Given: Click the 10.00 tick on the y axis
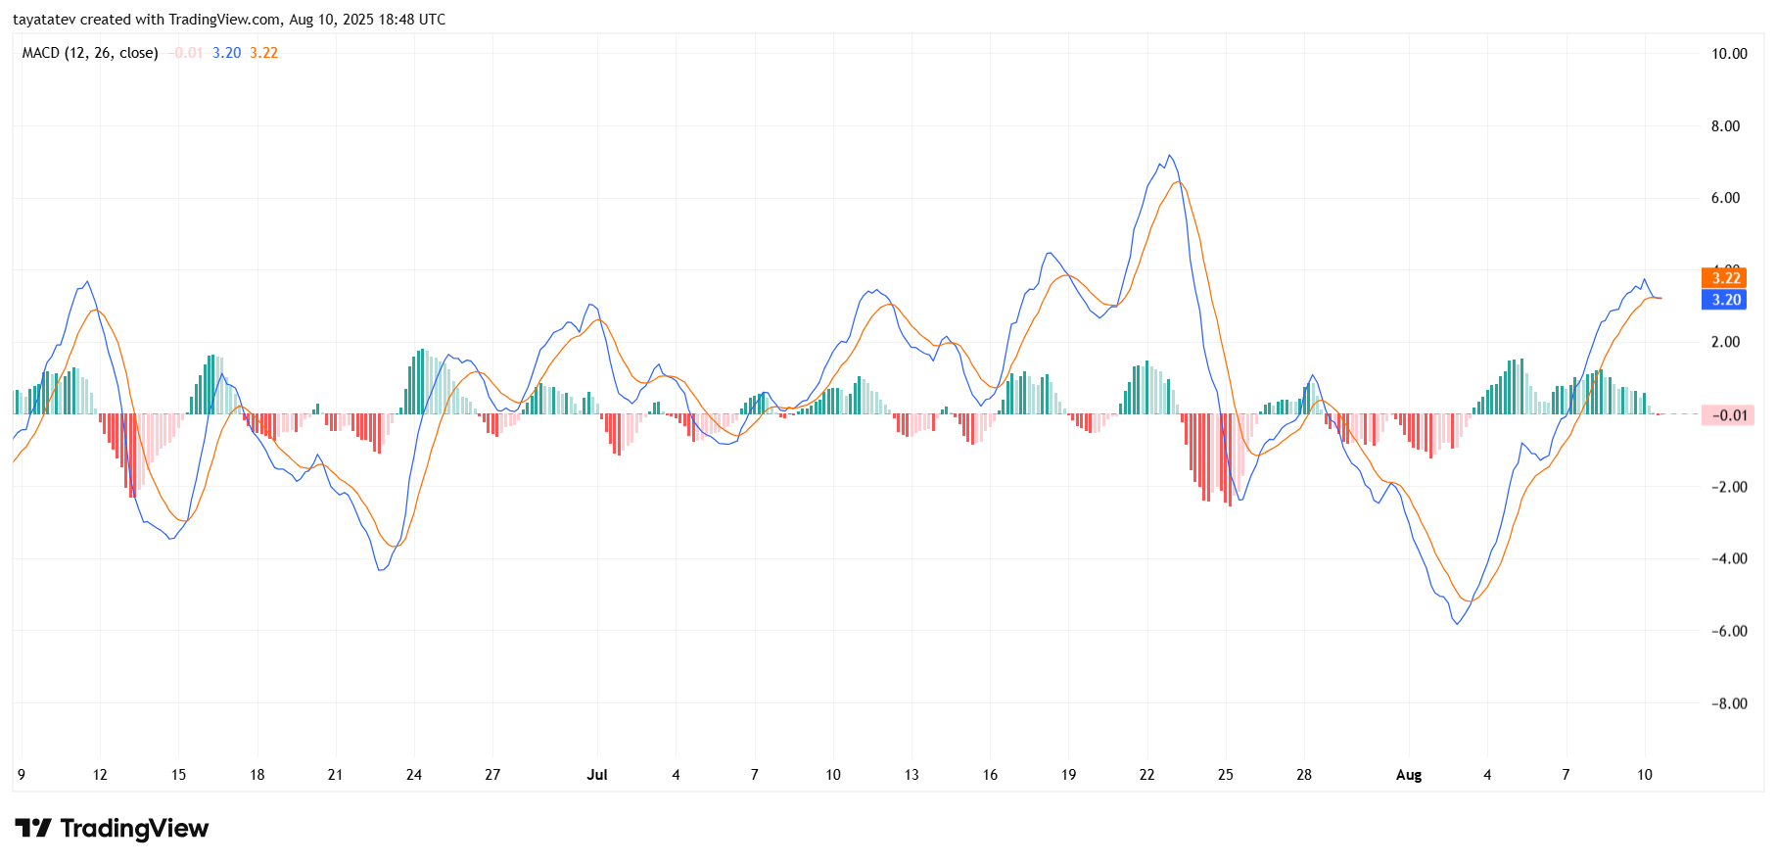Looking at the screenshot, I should pyautogui.click(x=1728, y=54).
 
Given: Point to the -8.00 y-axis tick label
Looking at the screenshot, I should pyautogui.click(x=1728, y=703).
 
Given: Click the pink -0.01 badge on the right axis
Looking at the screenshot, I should pyautogui.click(x=1728, y=415).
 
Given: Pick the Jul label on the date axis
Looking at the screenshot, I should pyautogui.click(x=597, y=775).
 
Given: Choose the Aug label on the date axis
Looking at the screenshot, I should pyautogui.click(x=1408, y=775).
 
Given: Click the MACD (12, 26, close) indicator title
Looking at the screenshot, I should pyautogui.click(x=90, y=53).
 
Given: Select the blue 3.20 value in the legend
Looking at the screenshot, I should pyautogui.click(x=226, y=53).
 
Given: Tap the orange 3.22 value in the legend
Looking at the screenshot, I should pyautogui.click(x=263, y=53).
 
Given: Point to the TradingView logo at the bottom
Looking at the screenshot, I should pyautogui.click(x=112, y=829).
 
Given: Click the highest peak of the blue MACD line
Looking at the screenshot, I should pyautogui.click(x=1169, y=156).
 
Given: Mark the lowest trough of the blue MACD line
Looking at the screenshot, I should pyautogui.click(x=1457, y=624).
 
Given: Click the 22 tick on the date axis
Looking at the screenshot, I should pyautogui.click(x=1146, y=775).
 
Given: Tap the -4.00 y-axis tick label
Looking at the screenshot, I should pyautogui.click(x=1728, y=559).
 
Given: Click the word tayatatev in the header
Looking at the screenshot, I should pyautogui.click(x=43, y=20).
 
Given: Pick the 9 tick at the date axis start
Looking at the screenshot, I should pyautogui.click(x=22, y=775).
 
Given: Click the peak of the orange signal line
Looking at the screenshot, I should pyautogui.click(x=1179, y=182).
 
